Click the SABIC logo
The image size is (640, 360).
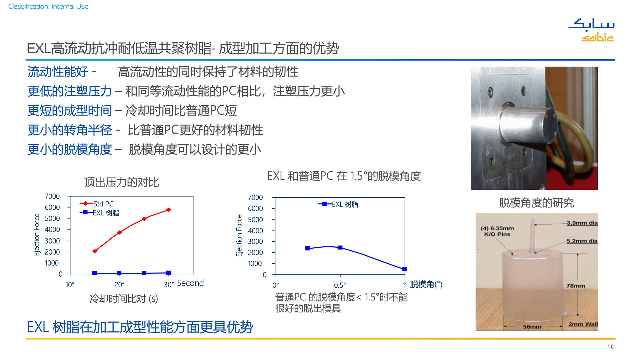(x=592, y=30)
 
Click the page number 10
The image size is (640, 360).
(x=611, y=347)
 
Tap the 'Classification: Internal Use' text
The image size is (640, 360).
(x=48, y=6)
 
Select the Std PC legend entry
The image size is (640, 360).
(x=97, y=204)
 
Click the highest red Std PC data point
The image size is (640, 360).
(x=169, y=210)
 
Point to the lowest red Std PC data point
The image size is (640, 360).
(x=95, y=251)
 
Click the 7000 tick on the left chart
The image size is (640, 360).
(x=52, y=196)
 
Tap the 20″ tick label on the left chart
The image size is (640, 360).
(x=119, y=285)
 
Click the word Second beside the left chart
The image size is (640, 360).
(x=190, y=283)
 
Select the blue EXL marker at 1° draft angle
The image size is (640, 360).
(x=405, y=269)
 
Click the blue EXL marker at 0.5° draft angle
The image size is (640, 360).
(x=340, y=248)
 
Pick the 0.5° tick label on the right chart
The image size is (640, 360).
(x=340, y=285)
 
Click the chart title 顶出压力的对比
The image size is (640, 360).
(x=122, y=182)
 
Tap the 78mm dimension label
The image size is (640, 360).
(x=576, y=286)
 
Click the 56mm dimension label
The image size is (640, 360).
(x=532, y=327)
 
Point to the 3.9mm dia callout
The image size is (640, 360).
(x=582, y=223)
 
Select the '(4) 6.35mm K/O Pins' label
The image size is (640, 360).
(x=497, y=231)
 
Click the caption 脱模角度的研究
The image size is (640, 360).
(x=536, y=203)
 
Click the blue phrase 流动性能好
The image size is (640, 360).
(x=58, y=72)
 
